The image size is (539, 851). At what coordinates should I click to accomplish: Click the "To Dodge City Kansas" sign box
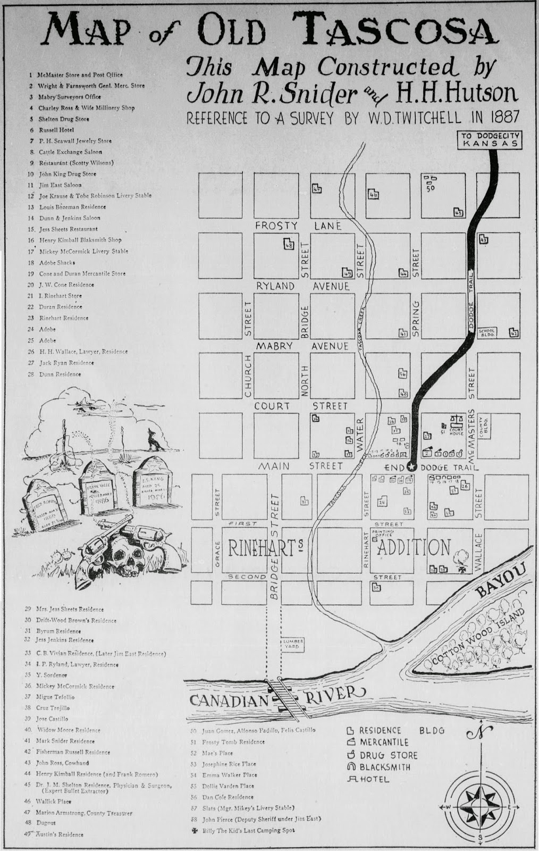click(x=489, y=140)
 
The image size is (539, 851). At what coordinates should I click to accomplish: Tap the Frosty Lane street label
click(x=298, y=226)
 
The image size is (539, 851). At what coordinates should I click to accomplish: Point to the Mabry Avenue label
click(x=302, y=346)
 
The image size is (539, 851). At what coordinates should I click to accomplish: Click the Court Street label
click(x=301, y=406)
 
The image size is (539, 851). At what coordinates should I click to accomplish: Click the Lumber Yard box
click(x=293, y=645)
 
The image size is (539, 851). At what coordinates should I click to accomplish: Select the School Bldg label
click(x=487, y=333)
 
